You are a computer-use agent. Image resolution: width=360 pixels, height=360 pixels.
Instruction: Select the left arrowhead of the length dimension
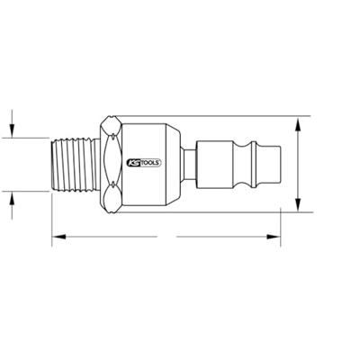coord(57,237)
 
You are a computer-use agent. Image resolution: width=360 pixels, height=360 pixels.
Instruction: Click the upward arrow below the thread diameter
coord(12,199)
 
